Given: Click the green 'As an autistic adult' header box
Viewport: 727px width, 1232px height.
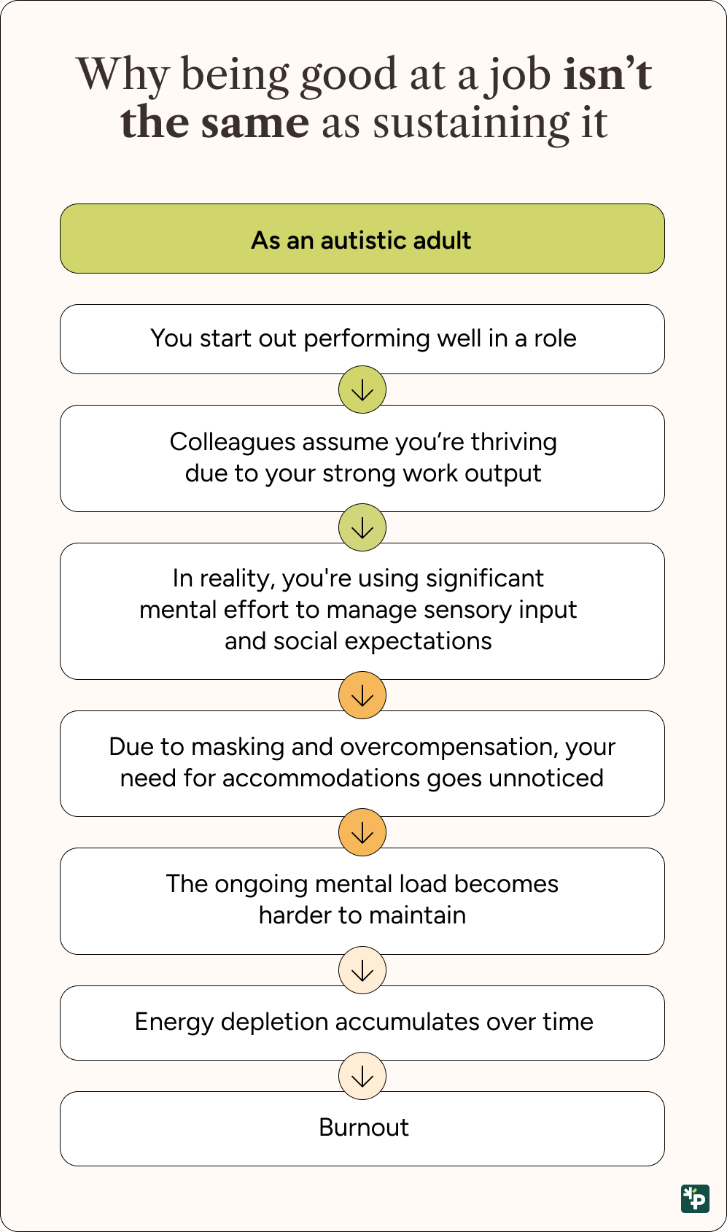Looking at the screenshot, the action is [x=362, y=239].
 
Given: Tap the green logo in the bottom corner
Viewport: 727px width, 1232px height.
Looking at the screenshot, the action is [x=695, y=1198].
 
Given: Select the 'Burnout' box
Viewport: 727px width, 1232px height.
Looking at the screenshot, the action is [x=362, y=1128].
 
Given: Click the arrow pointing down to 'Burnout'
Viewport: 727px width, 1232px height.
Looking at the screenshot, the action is [x=362, y=1077].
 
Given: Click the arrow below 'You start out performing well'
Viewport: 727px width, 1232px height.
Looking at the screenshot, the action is [x=362, y=390].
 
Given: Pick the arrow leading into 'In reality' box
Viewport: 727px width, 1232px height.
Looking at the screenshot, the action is [x=362, y=528].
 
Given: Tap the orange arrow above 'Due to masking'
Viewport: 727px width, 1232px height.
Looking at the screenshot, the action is [x=362, y=696].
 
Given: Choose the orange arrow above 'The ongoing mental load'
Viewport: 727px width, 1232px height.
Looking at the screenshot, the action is [x=362, y=833].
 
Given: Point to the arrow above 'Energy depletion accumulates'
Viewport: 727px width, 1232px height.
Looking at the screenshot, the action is [x=362, y=970].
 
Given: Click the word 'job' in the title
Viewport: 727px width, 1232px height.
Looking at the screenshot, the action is [x=517, y=77].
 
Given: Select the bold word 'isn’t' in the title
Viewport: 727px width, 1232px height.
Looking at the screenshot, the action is [x=607, y=74].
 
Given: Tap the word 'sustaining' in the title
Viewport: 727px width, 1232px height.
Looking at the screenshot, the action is [x=471, y=124].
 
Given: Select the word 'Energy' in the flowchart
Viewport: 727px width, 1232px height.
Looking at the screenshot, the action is [x=174, y=1023].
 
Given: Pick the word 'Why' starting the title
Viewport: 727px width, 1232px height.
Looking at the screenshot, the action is [x=122, y=75].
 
